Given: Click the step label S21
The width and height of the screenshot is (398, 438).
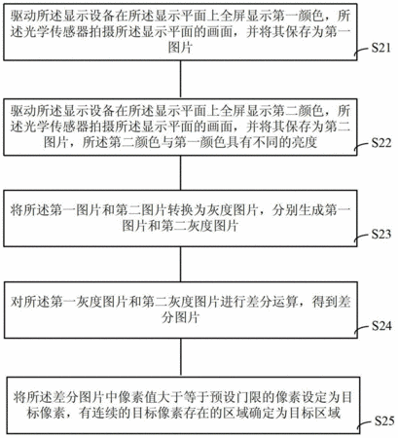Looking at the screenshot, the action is pyautogui.click(x=380, y=48).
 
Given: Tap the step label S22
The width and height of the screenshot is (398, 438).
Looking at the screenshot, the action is pyautogui.click(x=381, y=143).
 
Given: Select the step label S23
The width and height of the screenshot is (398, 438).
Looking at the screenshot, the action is pyautogui.click(x=381, y=234).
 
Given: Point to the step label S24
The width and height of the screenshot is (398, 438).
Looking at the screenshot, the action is pyautogui.click(x=381, y=326).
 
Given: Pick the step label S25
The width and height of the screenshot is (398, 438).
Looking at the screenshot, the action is pyautogui.click(x=384, y=420).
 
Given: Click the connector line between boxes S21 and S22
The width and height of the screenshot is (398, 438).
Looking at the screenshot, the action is pyautogui.click(x=181, y=80).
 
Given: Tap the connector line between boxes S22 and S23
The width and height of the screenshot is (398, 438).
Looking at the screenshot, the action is pyautogui.click(x=181, y=173).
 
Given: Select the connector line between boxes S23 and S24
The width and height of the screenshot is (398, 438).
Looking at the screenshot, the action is pyautogui.click(x=181, y=264).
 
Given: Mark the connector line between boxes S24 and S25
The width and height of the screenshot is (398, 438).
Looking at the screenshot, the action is pyautogui.click(x=181, y=357).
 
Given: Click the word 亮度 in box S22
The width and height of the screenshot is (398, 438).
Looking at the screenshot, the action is pyautogui.click(x=304, y=142).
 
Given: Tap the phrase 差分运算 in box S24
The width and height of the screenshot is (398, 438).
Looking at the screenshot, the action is pyautogui.click(x=272, y=302).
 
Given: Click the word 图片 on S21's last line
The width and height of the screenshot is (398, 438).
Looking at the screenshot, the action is pyautogui.click(x=180, y=48).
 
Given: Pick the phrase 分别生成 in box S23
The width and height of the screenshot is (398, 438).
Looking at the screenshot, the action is pyautogui.click(x=298, y=210).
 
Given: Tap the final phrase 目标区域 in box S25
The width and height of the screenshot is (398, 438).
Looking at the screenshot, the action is pyautogui.click(x=314, y=414).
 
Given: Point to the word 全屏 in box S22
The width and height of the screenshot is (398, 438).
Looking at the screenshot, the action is pyautogui.click(x=233, y=111).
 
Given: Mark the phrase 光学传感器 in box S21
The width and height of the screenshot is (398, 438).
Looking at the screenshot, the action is pyautogui.click(x=56, y=32).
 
